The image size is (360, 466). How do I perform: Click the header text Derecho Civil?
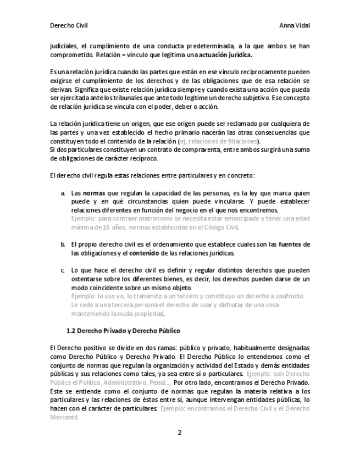click(x=68, y=26)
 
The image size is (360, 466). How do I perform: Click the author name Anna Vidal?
click(x=294, y=26)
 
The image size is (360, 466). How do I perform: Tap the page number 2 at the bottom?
click(x=179, y=432)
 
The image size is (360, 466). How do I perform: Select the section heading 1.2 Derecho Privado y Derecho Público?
click(x=123, y=331)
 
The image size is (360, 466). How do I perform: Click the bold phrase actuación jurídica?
click(x=226, y=56)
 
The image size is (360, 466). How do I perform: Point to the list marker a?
click(x=63, y=193)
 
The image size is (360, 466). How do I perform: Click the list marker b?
click(x=63, y=243)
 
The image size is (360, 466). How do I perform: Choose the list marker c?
click(x=63, y=270)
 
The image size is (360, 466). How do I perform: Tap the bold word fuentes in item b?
click(x=290, y=243)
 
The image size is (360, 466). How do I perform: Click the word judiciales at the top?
click(x=64, y=47)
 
